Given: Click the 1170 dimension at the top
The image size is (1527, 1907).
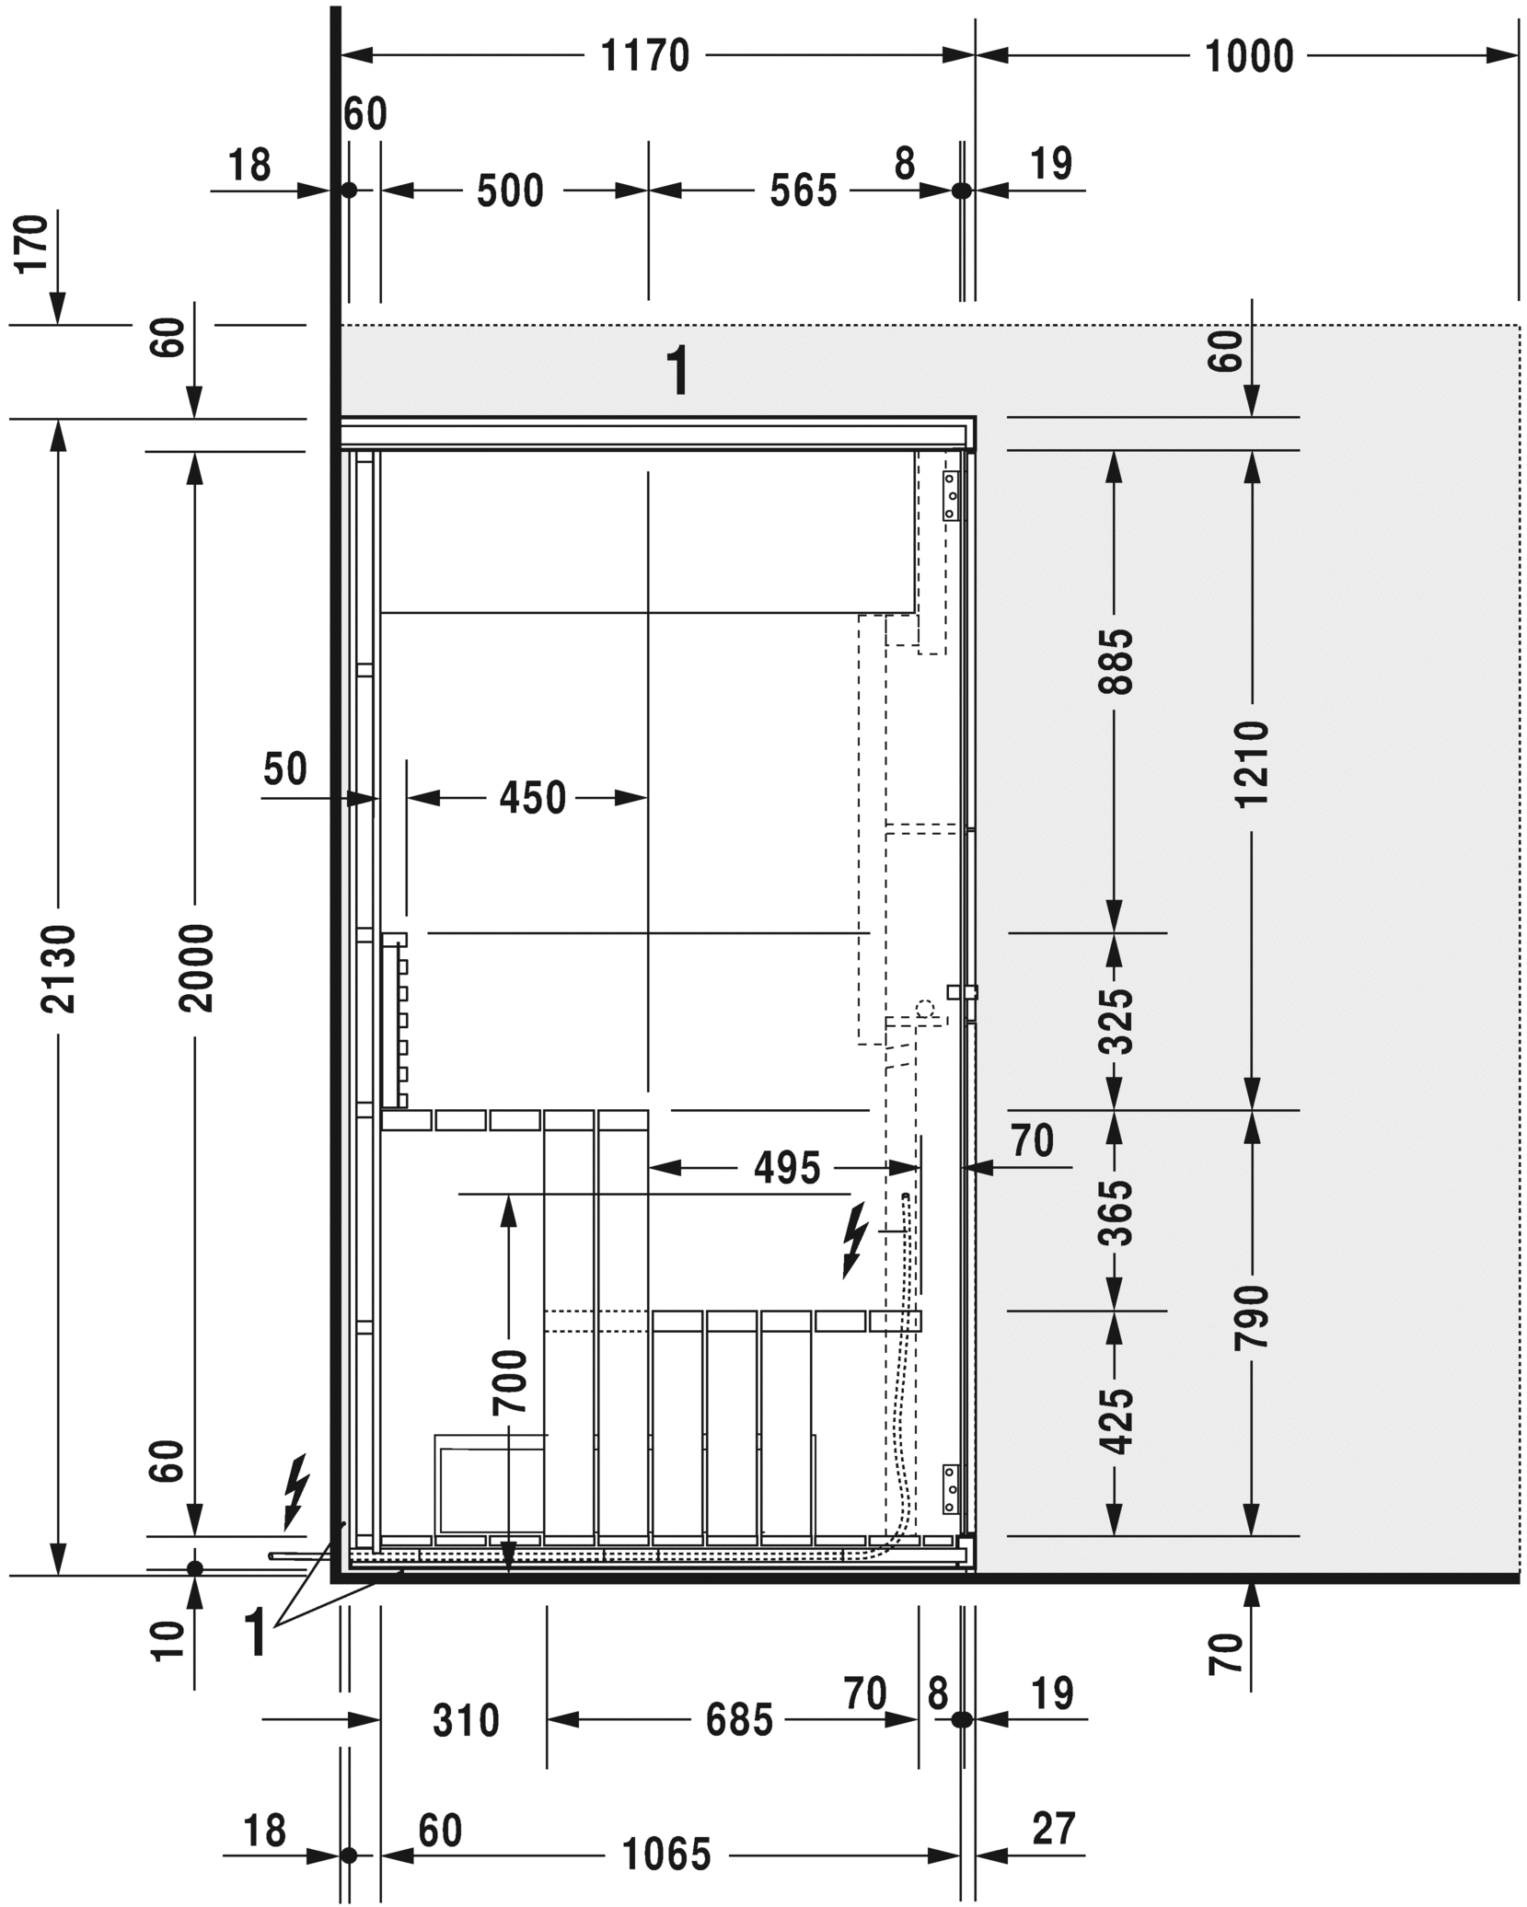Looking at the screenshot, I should coord(644,56).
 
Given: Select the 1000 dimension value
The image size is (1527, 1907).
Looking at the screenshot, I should coord(1248,56).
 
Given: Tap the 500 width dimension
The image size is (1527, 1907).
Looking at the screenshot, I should coord(510,191).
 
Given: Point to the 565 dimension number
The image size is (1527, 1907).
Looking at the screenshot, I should coord(804,191).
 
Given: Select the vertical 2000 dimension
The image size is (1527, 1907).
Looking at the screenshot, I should coord(195,969).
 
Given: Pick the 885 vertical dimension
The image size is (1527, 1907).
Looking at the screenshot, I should coord(1116,661).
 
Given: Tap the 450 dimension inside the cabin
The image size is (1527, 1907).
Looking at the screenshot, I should coord(532,798).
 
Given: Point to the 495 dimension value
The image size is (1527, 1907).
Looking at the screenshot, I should coord(786,1169).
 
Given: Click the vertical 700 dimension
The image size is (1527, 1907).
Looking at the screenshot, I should coord(510,1382).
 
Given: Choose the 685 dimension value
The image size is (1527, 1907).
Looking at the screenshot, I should coord(739,1720).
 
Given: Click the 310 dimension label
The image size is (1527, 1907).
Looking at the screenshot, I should coord(466,1720).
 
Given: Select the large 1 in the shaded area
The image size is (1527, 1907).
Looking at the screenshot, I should coord(677,371).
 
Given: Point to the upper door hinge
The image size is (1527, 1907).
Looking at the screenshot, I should coord(951,496).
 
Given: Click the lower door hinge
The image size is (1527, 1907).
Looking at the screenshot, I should coord(951,1488).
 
